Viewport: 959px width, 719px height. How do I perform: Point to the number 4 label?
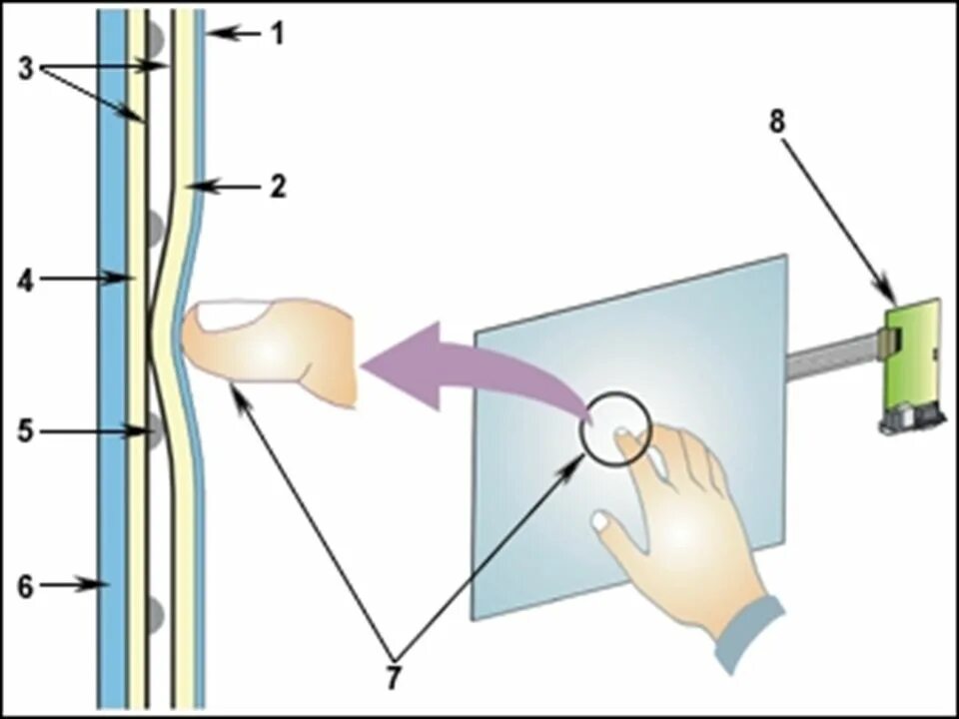coord(26,280)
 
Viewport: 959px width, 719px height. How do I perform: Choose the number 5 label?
coord(26,432)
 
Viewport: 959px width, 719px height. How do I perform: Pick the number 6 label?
coord(26,586)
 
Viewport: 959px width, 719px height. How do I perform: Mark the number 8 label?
coord(777,121)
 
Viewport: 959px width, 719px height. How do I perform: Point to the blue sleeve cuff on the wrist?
coord(749,634)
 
